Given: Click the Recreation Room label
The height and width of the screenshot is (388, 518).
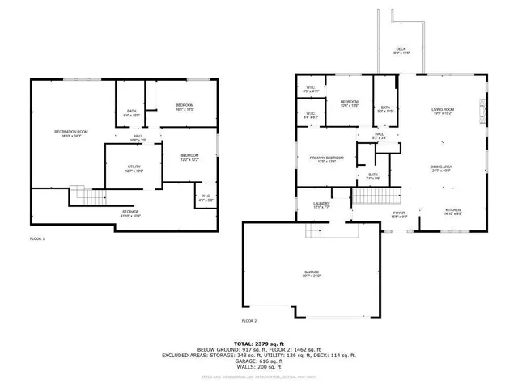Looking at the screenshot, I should coord(71,133).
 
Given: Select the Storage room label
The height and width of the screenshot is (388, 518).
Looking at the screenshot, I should coord(130,213).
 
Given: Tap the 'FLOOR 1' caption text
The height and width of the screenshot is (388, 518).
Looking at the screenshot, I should coord(37,239).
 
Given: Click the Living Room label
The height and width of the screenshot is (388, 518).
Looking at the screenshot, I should coord(442,110).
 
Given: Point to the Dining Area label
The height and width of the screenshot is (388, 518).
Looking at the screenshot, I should coord(441,168).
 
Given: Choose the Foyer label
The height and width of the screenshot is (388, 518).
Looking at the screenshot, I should coord(400,214).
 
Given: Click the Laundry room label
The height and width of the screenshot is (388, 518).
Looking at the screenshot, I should coord(321,205).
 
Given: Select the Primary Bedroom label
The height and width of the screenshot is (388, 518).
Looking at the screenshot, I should coord(327,159).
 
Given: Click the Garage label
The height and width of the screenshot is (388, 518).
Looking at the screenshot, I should coord(311,274).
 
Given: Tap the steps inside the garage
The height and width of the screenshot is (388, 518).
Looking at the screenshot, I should coord(313,231).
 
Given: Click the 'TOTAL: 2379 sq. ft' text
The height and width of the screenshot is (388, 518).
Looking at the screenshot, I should coord(259,342).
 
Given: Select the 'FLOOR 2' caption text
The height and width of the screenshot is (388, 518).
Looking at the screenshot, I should coord(248,321).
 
